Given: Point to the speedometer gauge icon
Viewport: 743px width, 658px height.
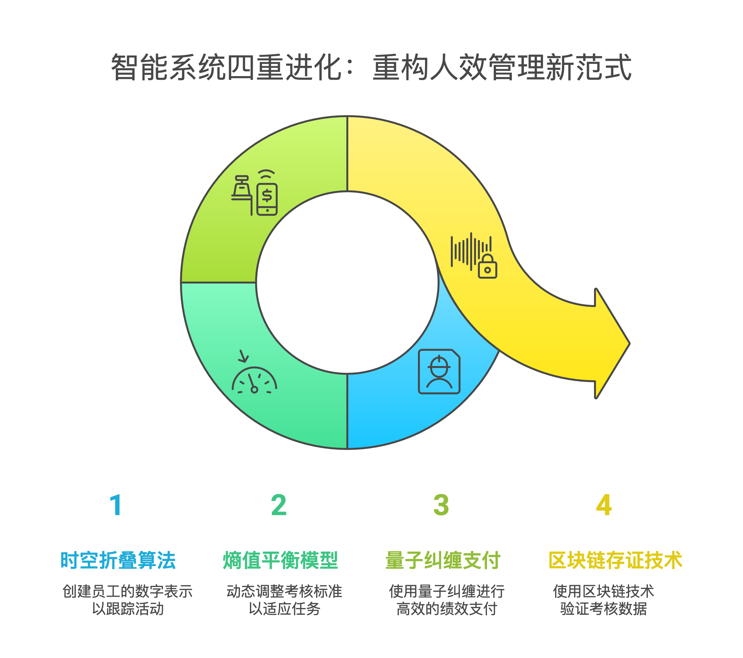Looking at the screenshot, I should coord(254,381).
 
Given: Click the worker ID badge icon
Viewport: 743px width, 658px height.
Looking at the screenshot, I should coord(439,371).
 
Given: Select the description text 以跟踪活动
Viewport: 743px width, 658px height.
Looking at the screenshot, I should coord(128,609).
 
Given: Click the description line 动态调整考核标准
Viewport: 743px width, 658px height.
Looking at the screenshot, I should coord(284,592).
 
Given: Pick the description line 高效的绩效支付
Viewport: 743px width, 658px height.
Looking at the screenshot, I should coord(447,609).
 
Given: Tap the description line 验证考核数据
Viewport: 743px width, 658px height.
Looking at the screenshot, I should coord(603,609).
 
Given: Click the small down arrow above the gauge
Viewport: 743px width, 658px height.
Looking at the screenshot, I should coord(243,357).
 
